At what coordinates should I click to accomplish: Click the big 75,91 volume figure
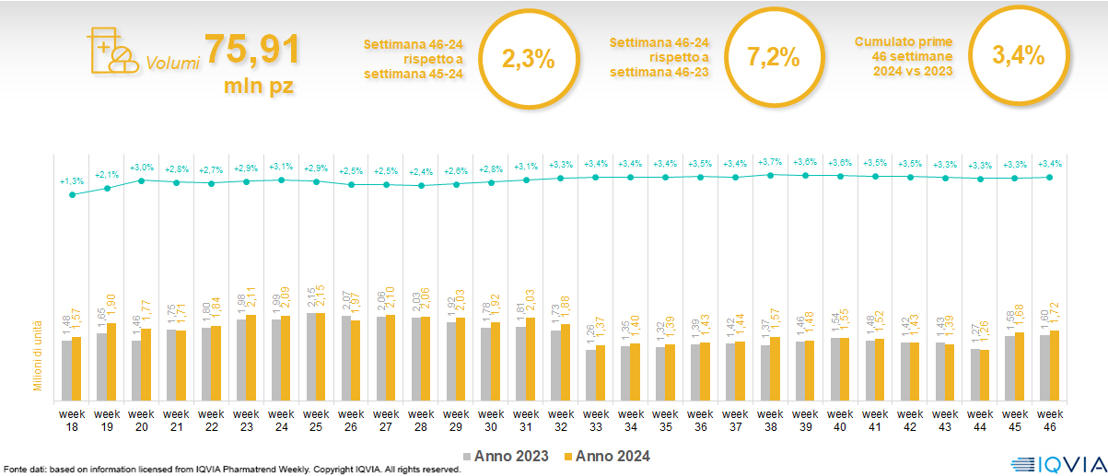251,50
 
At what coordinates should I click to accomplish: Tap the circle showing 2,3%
528,58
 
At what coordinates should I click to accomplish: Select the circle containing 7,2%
773,58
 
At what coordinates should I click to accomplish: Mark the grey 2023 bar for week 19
101,366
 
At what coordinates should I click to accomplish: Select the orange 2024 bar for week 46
1055,365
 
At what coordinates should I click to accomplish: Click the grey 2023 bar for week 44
975,373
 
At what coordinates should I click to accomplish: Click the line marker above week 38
771,174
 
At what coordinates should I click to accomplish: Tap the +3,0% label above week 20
141,167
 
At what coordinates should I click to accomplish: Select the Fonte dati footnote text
230,470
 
